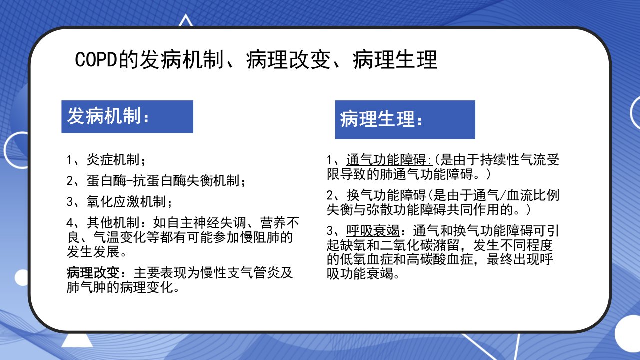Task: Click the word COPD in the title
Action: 96,59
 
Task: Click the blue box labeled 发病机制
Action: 127,117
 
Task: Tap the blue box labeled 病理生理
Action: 405,119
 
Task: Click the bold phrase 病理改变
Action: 93,273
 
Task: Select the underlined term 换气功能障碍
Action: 386,195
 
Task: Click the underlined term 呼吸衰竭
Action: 373,231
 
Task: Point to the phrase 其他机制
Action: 113,223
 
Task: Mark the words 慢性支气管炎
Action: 240,273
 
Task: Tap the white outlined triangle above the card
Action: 186,20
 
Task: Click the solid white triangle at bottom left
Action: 77,340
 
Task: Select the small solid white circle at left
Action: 21,277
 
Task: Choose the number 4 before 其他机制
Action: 70,223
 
